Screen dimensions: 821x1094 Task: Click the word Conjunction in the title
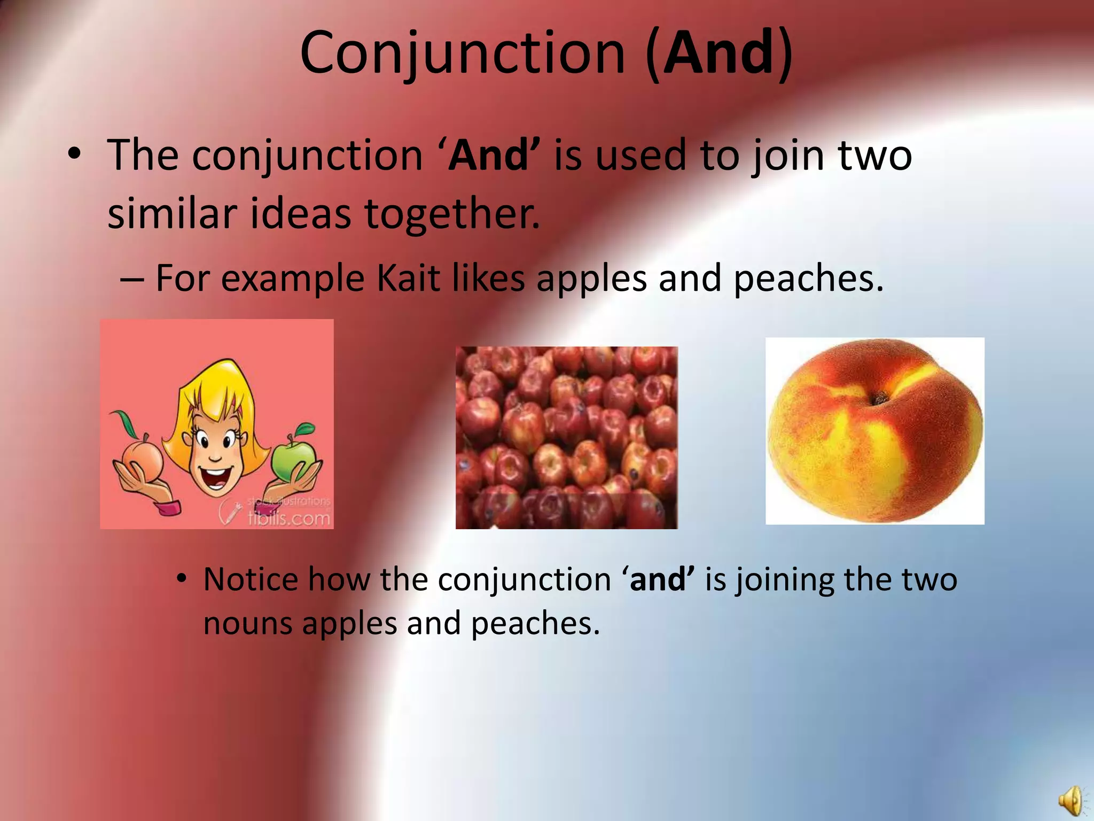click(x=462, y=53)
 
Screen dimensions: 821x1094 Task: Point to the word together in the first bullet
click(x=452, y=214)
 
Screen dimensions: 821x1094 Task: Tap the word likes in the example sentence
click(x=488, y=279)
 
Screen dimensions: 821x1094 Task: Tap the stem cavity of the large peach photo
click(x=878, y=398)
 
